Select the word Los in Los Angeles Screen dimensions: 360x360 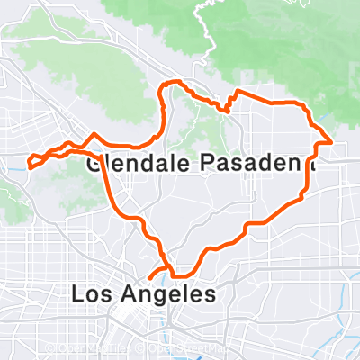[x=93, y=294]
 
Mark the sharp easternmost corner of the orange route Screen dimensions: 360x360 [x=333, y=142]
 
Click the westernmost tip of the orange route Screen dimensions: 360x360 [x=29, y=165]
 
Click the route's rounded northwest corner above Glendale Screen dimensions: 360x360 [x=163, y=86]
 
